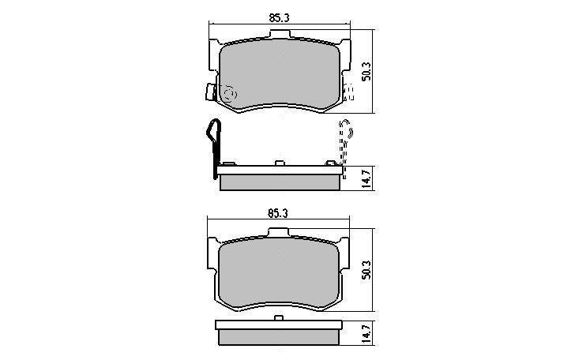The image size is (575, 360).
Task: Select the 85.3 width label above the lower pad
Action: point(276,213)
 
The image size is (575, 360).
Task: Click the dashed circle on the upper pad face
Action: point(230,95)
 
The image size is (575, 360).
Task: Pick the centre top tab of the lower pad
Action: point(280,233)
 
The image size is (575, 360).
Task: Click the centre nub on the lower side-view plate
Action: point(278,319)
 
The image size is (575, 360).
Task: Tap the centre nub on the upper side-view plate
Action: point(278,164)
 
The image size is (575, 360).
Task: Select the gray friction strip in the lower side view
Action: point(278,338)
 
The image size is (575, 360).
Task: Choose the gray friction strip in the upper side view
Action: point(278,183)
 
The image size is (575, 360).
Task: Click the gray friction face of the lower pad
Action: point(278,272)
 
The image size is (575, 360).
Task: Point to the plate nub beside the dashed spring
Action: point(329,164)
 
